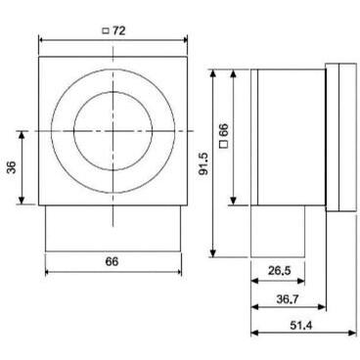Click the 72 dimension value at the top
point(119,30)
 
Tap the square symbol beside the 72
point(105,30)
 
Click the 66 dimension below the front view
point(112,261)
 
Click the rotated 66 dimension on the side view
point(225,129)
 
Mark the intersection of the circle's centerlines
point(112,130)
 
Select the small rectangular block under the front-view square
point(112,227)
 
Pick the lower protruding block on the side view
point(277,231)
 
